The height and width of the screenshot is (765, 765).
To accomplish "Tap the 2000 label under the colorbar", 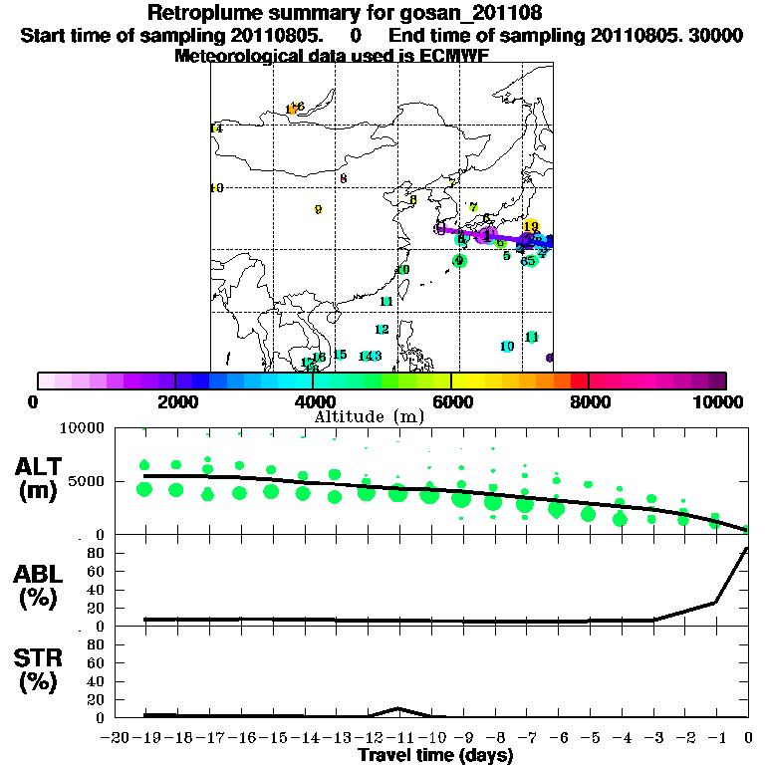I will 175,401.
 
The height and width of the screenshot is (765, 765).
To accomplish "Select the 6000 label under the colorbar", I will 451,401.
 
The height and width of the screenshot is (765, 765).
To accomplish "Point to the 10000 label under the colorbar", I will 719,401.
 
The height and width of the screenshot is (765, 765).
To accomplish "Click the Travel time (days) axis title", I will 436,756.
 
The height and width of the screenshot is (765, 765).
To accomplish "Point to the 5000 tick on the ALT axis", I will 90,481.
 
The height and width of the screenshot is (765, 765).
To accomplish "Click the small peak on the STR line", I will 398,708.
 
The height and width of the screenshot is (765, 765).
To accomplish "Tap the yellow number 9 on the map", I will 318,210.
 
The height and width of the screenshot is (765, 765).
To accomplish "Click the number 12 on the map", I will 382,330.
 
